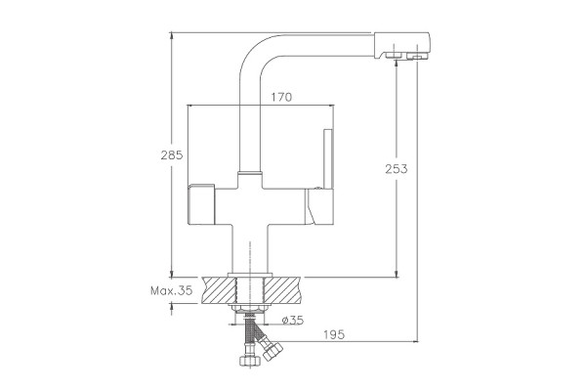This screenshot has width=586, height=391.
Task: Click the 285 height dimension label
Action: [x=172, y=154]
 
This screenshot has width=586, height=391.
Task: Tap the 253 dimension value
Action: [x=397, y=169]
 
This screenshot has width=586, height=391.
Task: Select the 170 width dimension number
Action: [x=281, y=98]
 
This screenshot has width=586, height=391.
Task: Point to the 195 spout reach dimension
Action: [x=334, y=334]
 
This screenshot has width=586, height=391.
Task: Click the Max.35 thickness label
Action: [x=171, y=290]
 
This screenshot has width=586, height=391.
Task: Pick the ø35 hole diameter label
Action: [x=293, y=321]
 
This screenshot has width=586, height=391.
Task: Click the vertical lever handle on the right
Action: [x=328, y=159]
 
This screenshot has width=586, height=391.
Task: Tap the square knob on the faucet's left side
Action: [x=202, y=204]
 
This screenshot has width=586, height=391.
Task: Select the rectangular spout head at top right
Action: [x=402, y=45]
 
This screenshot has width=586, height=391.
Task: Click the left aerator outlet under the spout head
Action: [x=393, y=56]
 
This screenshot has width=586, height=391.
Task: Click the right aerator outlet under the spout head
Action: [x=417, y=57]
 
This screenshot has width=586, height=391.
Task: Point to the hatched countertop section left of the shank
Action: [x=219, y=290]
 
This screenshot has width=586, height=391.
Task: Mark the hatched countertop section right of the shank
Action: [x=282, y=290]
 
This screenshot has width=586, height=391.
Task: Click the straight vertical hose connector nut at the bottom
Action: [x=249, y=361]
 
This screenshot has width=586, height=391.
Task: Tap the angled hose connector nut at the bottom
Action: [x=272, y=351]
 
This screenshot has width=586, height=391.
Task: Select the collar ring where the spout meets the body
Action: [x=250, y=173]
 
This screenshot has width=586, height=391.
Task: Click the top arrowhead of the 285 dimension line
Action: [x=172, y=36]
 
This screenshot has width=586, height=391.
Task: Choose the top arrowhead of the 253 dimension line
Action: [x=397, y=64]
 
